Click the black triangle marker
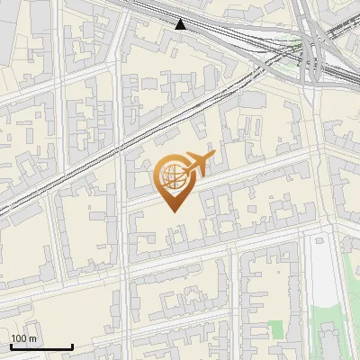181,23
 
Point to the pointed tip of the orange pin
172,211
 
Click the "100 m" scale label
24,338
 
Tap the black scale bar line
41,346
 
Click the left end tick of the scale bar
11,345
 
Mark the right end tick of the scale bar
72,345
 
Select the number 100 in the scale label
20,338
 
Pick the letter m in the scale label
33,338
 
